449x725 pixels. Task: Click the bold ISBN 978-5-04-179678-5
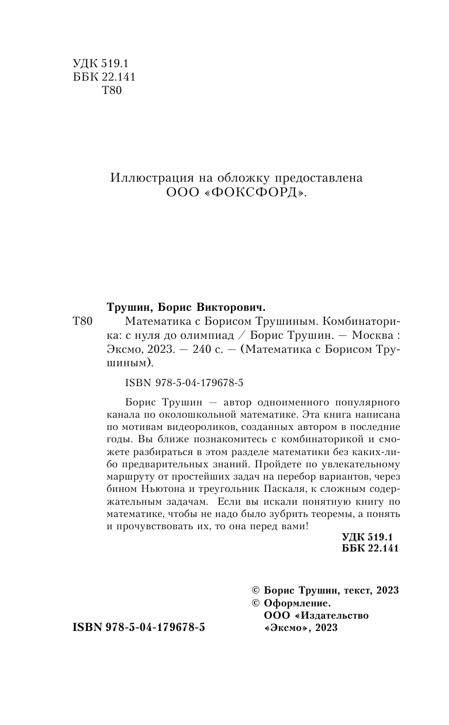139,627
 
